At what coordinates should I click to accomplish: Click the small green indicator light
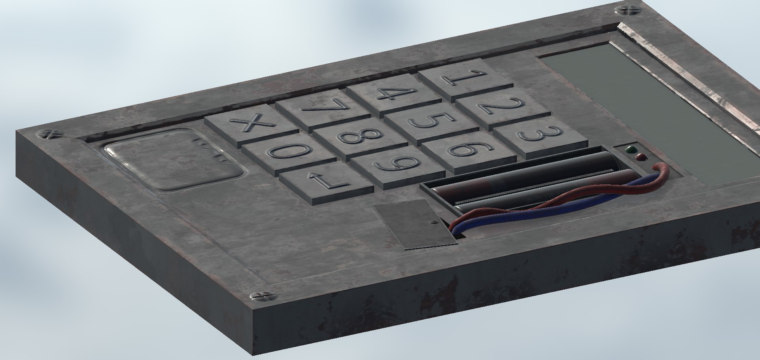pos(630,150)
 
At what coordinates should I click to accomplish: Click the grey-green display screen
pos(649,111)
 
